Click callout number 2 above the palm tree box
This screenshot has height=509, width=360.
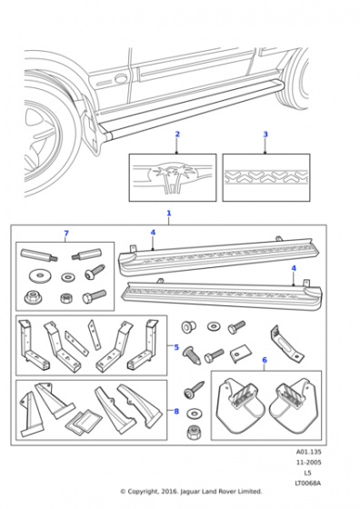(x=177, y=135)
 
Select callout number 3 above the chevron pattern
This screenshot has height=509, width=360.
(x=265, y=135)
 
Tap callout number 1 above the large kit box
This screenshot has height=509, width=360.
(x=169, y=214)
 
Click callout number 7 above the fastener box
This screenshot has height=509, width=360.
(x=66, y=234)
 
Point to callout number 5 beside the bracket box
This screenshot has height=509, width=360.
(x=176, y=347)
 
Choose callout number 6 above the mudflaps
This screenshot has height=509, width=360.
(x=265, y=360)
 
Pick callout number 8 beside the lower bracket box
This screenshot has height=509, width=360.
(x=176, y=412)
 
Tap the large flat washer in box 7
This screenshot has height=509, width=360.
(x=40, y=276)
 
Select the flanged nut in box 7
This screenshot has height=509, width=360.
(x=33, y=297)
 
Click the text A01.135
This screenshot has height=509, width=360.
(x=308, y=452)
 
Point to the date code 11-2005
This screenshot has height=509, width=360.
(x=308, y=463)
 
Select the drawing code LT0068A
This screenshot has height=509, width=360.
(x=308, y=483)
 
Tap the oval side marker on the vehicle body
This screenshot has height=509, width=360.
(x=122, y=78)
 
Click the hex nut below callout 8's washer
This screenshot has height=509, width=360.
(x=194, y=433)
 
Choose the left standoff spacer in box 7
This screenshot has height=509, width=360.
(x=39, y=254)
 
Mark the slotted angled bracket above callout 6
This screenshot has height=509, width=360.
(x=285, y=344)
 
